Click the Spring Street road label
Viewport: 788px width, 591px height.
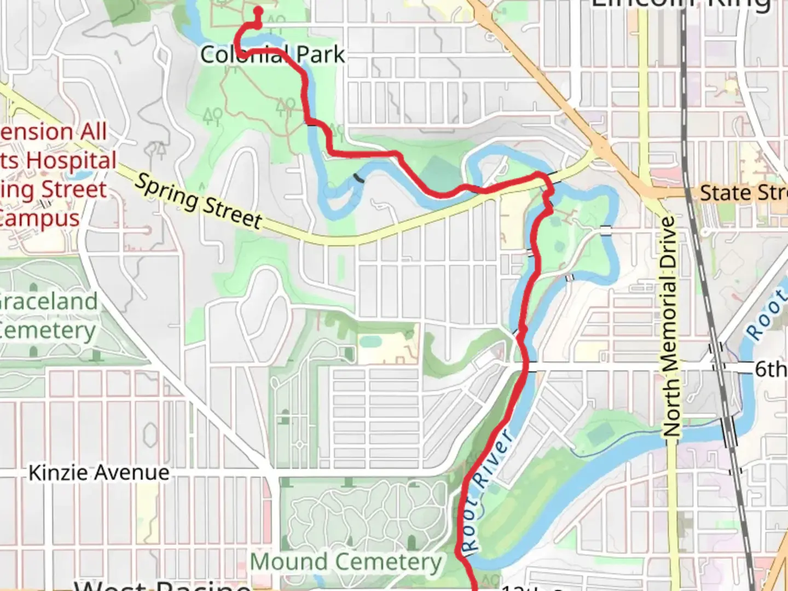pyautogui.click(x=198, y=201)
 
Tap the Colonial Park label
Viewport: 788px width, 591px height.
pyautogui.click(x=273, y=55)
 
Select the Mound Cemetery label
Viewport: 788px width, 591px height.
pyautogui.click(x=346, y=562)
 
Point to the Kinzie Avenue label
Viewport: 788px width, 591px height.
pyautogui.click(x=99, y=473)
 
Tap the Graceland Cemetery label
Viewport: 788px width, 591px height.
pyautogui.click(x=48, y=316)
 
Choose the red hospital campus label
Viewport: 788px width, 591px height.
pyautogui.click(x=55, y=175)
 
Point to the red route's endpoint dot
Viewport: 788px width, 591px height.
pyautogui.click(x=258, y=11)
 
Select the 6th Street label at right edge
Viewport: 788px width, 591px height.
pyautogui.click(x=770, y=369)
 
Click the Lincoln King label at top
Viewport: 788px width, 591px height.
pyautogui.click(x=681, y=4)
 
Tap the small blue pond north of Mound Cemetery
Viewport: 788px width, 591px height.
pyautogui.click(x=371, y=341)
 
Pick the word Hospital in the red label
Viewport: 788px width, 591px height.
pyautogui.click(x=72, y=161)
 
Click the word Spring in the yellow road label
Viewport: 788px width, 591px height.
pyautogui.click(x=166, y=191)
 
